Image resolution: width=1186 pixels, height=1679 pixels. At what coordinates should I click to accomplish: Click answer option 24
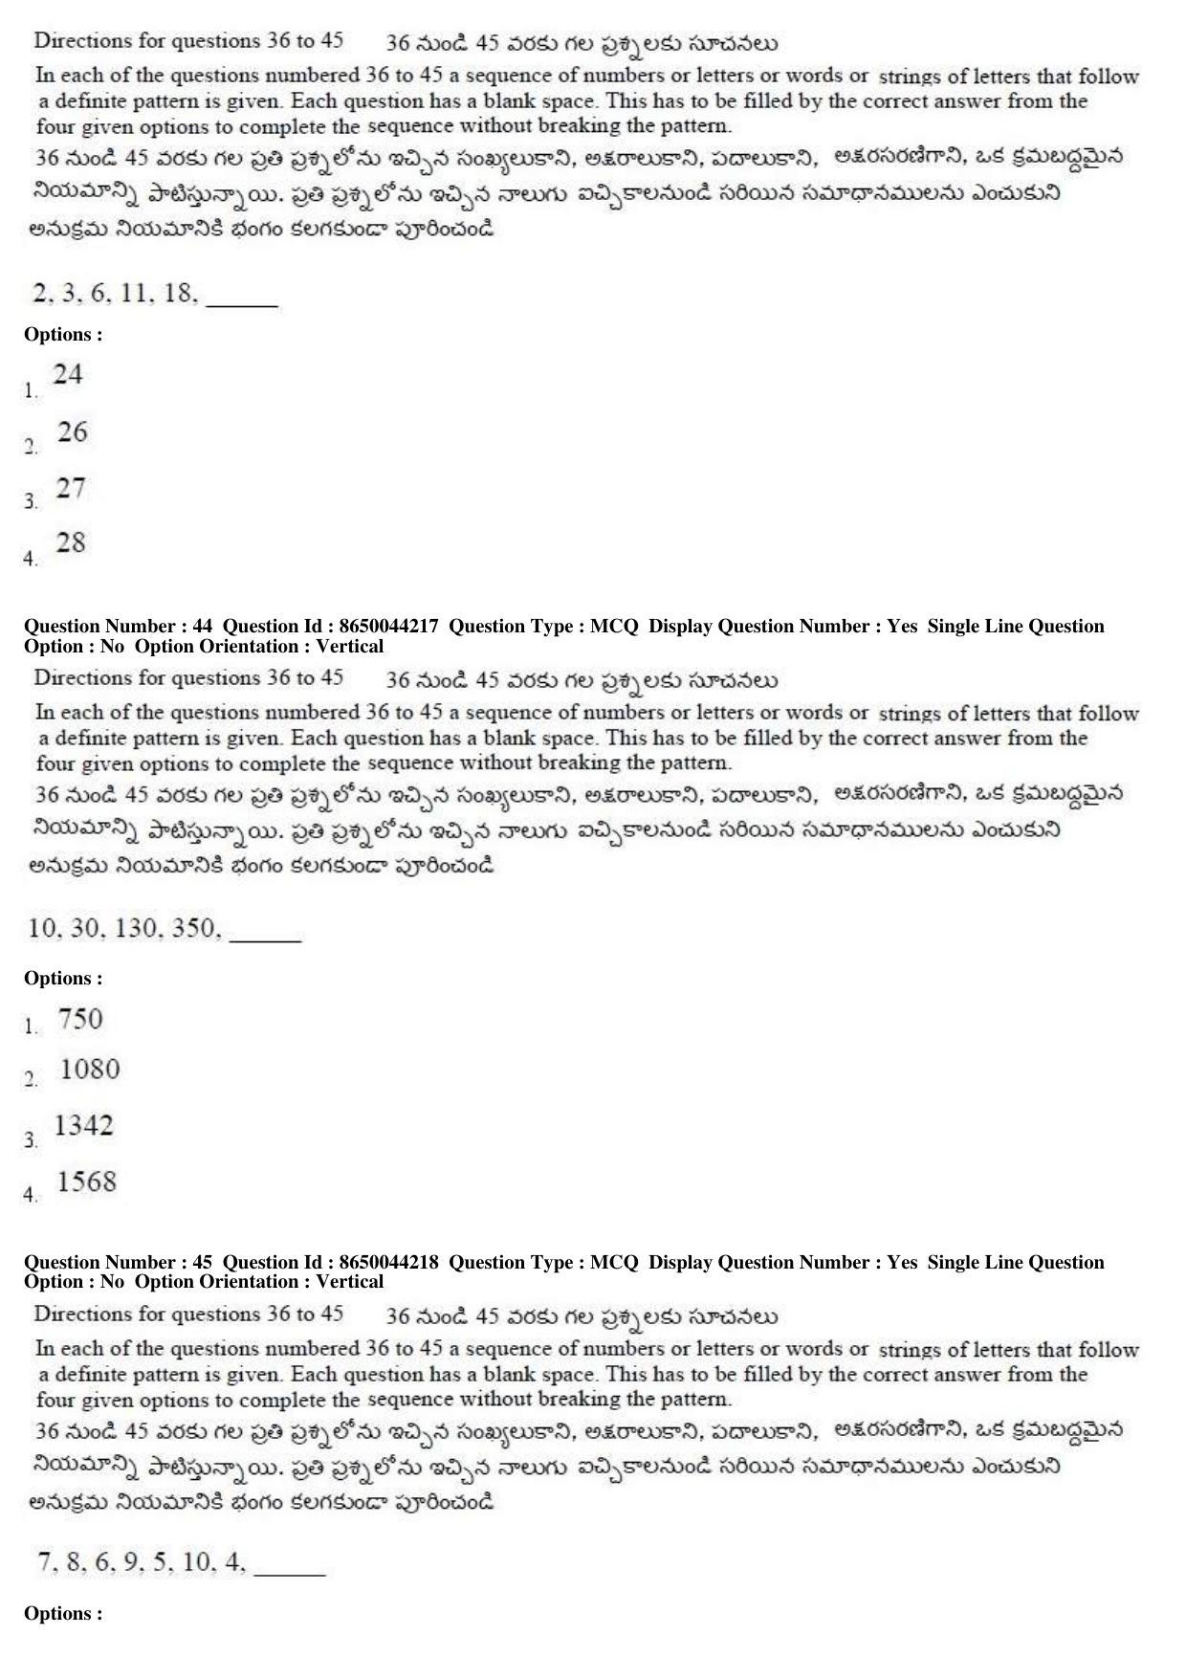coord(67,374)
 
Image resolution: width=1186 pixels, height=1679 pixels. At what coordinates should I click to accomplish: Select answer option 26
coord(72,432)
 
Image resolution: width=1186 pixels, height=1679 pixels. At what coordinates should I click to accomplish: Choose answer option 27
coord(71,488)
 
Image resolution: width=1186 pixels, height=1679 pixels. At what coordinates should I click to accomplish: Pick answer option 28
coord(71,543)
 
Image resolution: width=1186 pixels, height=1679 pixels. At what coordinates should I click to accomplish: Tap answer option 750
coord(80,1019)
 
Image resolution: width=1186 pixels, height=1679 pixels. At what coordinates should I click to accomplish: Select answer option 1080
coord(90,1070)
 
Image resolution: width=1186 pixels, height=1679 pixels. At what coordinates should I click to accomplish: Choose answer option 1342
coord(84,1126)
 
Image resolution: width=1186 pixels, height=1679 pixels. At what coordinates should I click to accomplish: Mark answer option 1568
coord(87,1182)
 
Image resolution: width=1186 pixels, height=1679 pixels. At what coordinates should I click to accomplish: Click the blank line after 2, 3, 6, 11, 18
coord(242,304)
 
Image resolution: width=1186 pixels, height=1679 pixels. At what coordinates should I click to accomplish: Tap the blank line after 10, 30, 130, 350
coord(266,939)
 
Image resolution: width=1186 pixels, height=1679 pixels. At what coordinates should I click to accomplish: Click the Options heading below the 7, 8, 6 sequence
coord(63,1614)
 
